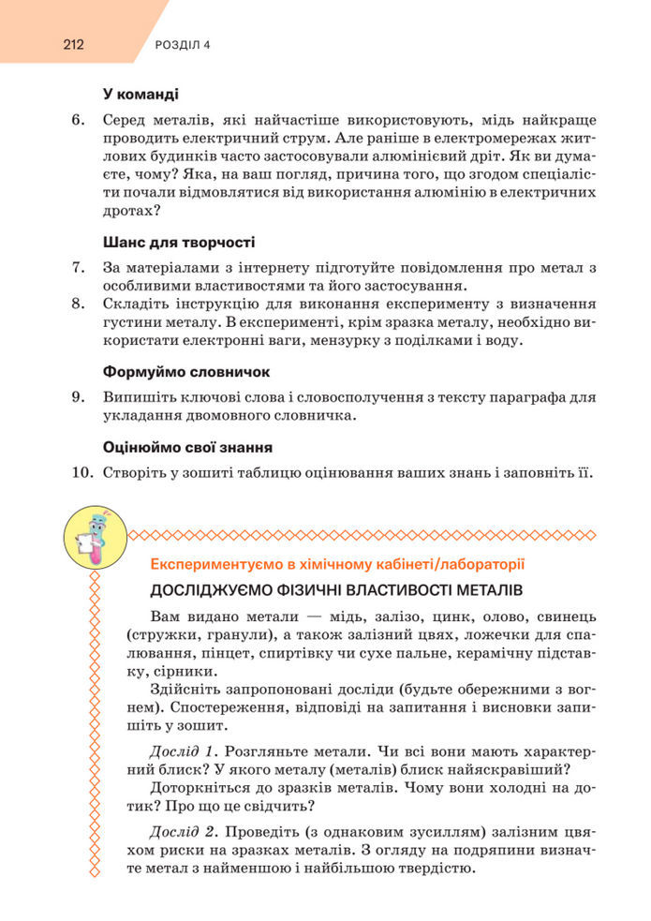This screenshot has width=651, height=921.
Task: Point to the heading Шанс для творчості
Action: pos(178,242)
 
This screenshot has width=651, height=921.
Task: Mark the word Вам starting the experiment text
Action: pos(165,616)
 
